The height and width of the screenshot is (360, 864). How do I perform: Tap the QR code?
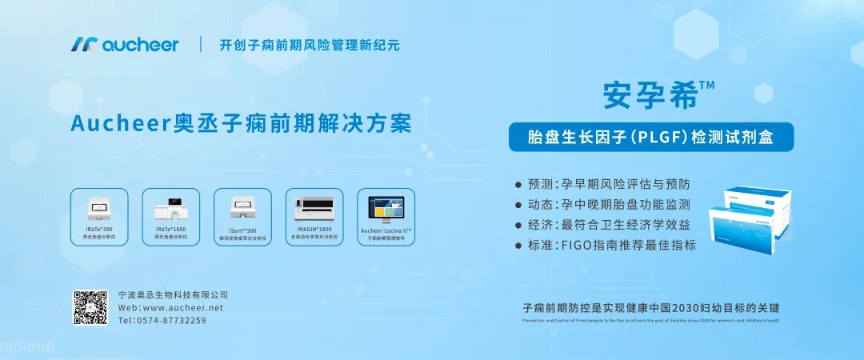(x=90, y=307)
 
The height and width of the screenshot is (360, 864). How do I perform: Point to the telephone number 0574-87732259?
(x=162, y=320)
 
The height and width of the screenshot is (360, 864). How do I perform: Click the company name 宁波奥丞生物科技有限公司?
(x=173, y=294)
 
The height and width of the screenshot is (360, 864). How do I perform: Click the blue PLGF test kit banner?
(x=651, y=137)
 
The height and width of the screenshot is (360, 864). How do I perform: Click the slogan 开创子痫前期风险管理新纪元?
(x=310, y=45)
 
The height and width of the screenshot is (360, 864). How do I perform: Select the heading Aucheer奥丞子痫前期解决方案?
(x=241, y=124)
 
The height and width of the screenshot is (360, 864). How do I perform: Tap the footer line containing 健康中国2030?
(x=650, y=307)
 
